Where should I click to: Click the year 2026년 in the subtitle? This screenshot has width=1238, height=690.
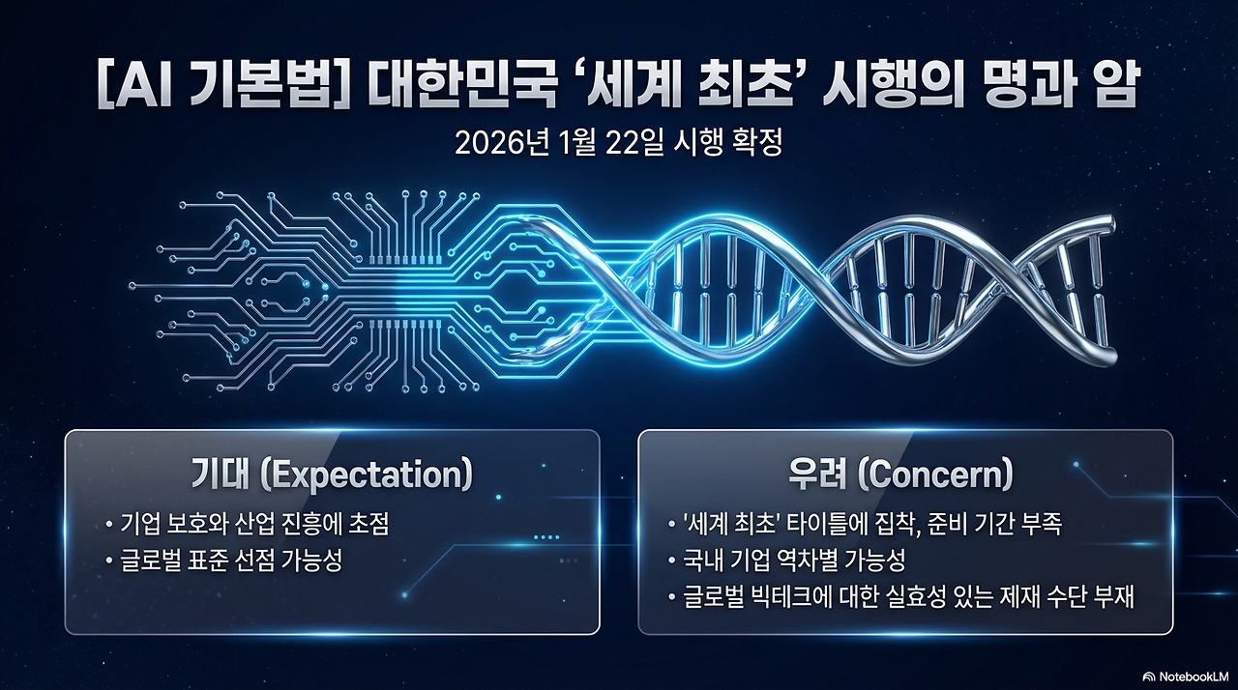coord(502,144)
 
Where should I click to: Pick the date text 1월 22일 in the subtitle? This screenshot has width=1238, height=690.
coord(612,144)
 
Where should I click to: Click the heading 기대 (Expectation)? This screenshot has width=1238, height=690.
coord(332,474)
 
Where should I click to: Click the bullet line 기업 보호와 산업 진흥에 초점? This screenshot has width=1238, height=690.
coord(254,524)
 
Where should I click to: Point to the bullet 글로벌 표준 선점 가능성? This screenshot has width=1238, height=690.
coord(231,561)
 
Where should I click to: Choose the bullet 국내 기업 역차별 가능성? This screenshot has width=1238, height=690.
coord(794,561)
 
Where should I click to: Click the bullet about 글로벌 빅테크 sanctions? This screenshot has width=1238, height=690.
coord(908,597)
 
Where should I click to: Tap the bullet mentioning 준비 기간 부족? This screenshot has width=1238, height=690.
coord(872,524)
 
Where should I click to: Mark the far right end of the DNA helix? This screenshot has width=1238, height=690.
coord(1112,226)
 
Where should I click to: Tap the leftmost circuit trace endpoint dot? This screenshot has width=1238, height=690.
coord(133,285)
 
